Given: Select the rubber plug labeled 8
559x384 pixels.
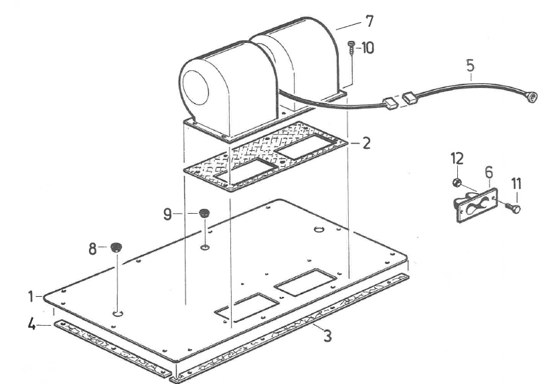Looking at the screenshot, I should (x=117, y=246).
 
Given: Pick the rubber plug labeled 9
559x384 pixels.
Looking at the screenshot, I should (x=203, y=214).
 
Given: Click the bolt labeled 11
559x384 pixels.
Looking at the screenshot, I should (x=514, y=208).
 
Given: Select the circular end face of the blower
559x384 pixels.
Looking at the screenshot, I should (x=202, y=84).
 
